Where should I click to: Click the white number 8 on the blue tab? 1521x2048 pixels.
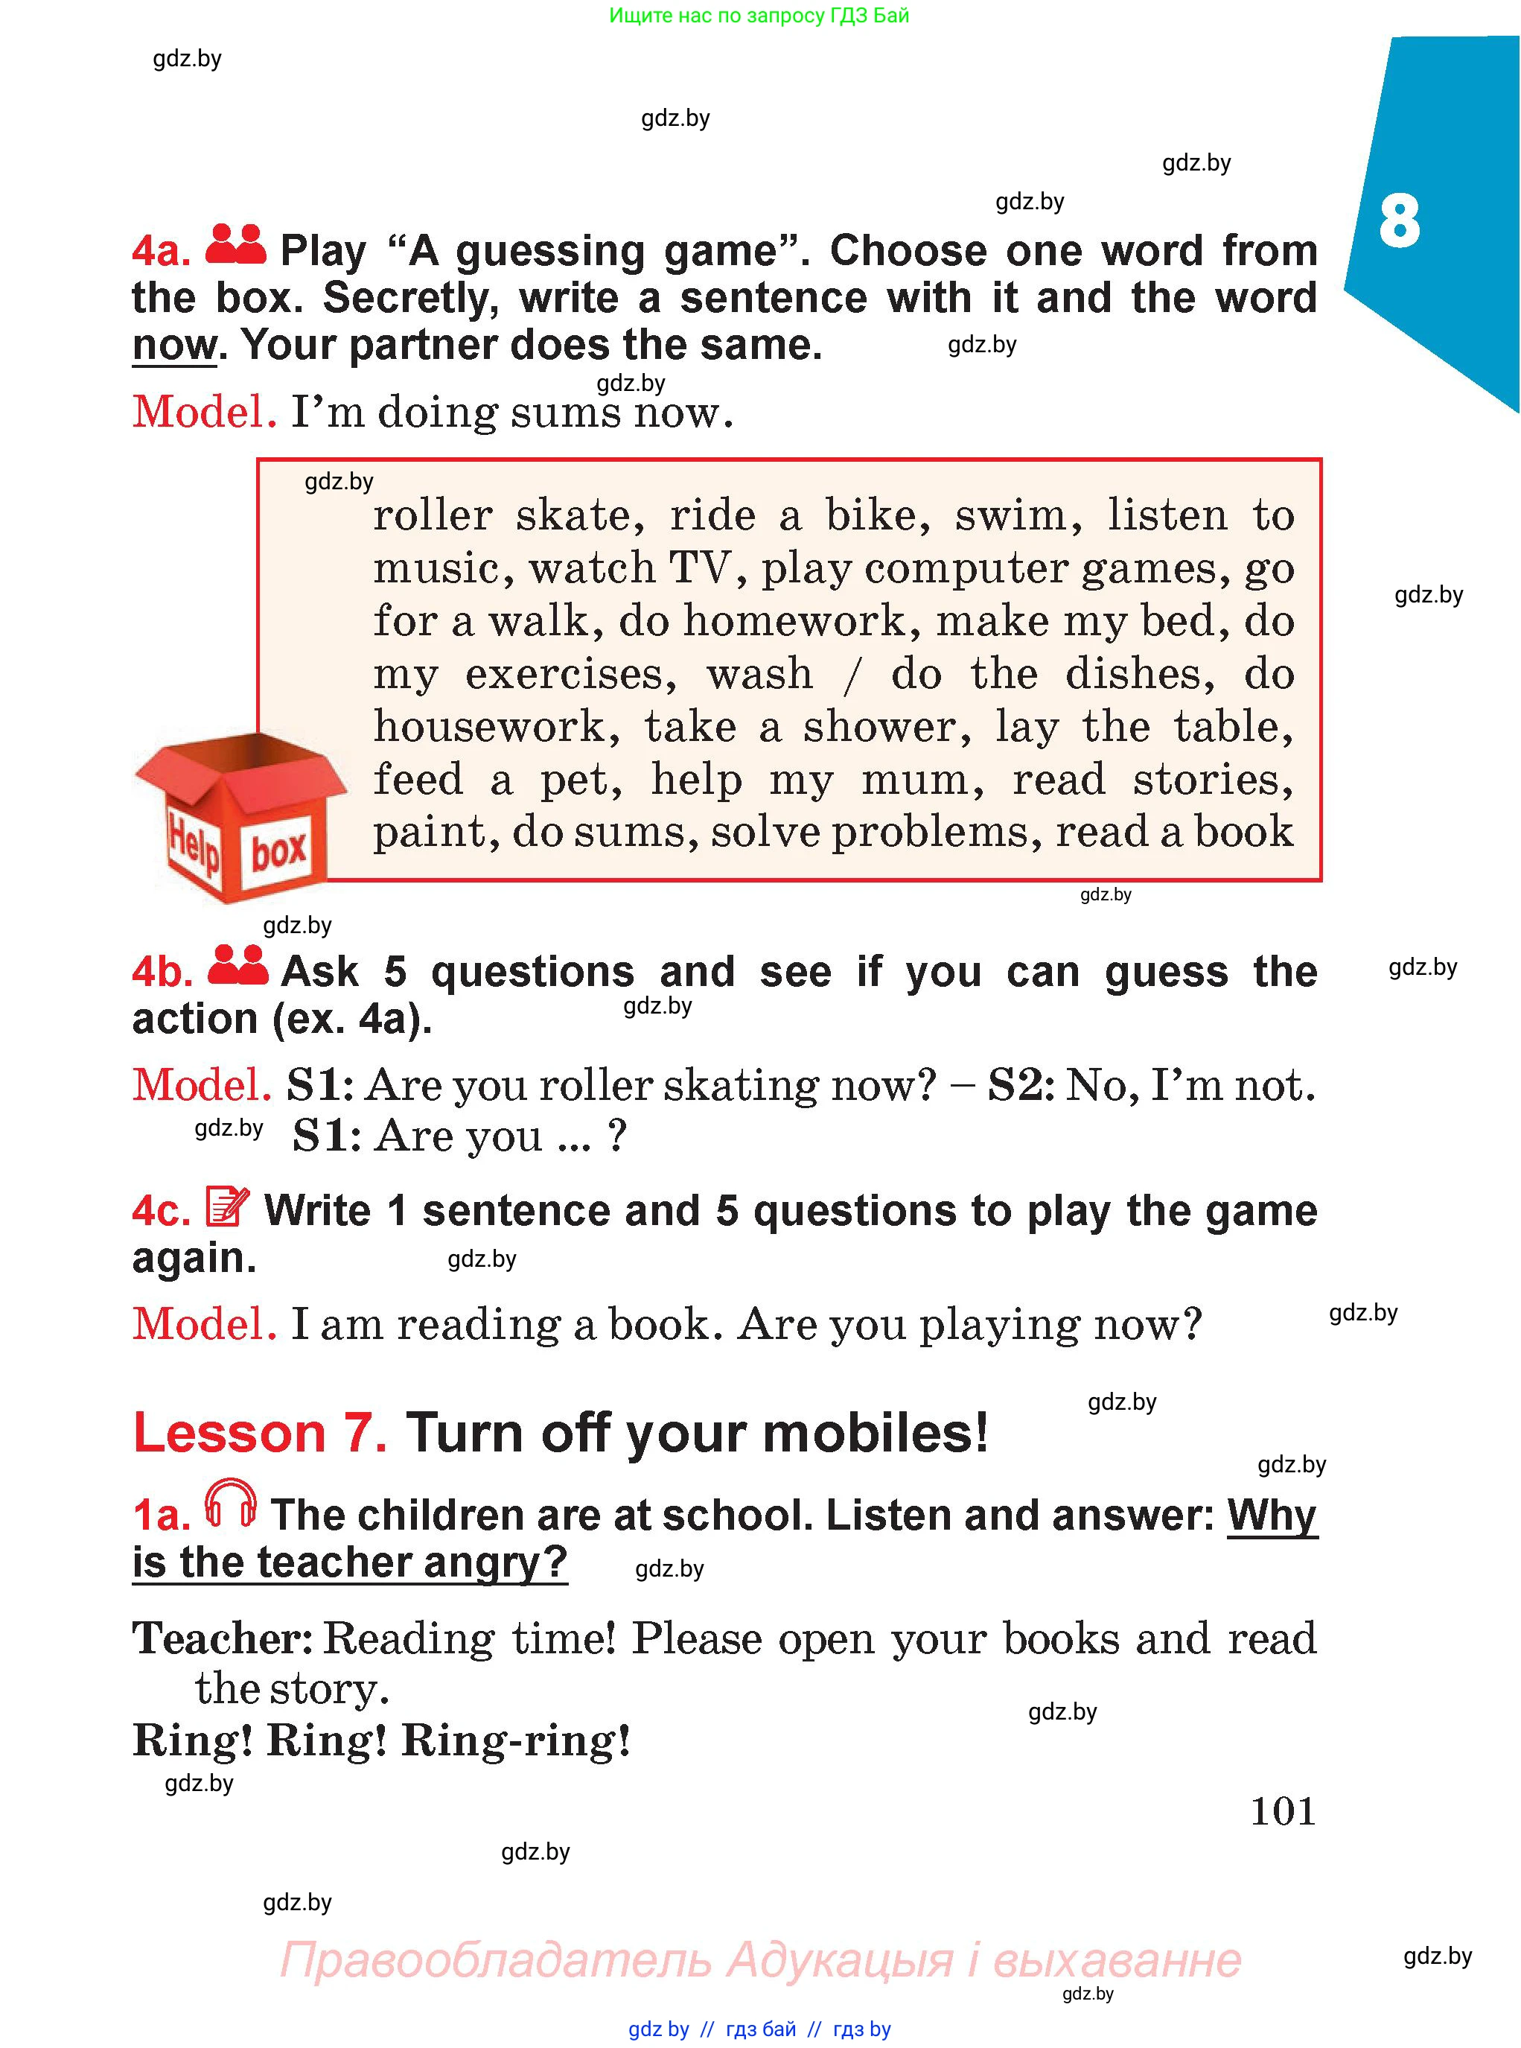(x=1399, y=221)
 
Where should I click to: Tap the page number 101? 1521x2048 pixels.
(x=1283, y=1810)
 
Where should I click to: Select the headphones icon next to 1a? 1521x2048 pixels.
(x=230, y=1503)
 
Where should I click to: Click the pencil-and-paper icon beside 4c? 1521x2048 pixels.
(x=227, y=1206)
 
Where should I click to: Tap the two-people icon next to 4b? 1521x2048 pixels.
(x=237, y=964)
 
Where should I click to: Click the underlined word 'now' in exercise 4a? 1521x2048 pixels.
(x=175, y=346)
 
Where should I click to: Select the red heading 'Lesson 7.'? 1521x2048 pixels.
(x=260, y=1433)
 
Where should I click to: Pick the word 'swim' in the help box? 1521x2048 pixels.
(x=1018, y=515)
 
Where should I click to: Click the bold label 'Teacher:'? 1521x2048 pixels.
(x=223, y=1638)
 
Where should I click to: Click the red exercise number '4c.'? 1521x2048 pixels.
(x=161, y=1211)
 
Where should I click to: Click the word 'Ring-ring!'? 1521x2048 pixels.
(x=516, y=1741)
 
